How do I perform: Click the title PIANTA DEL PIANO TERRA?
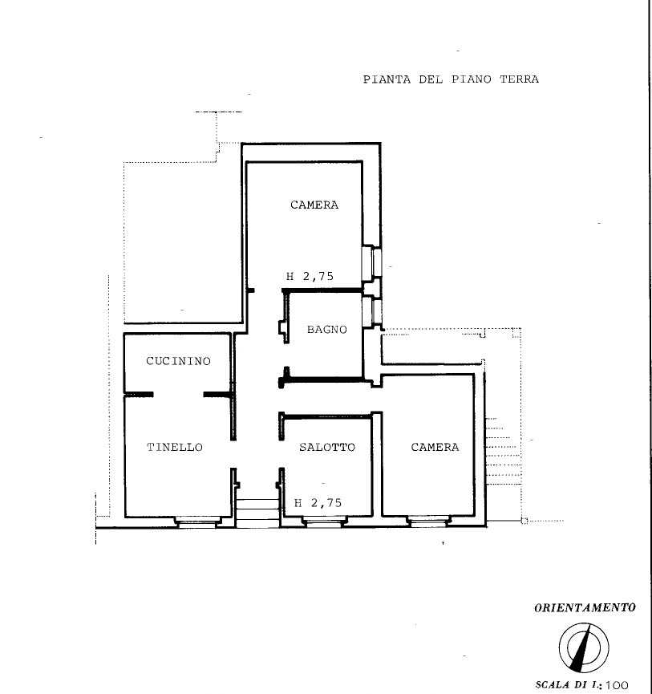[451, 79]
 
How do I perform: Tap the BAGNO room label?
[327, 330]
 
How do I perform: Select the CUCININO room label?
[178, 361]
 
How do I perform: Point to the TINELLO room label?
[175, 448]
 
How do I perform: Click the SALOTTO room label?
[327, 448]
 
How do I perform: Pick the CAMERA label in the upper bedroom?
[314, 205]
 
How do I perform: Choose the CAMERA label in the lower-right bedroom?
[435, 448]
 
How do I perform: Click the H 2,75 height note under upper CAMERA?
[310, 277]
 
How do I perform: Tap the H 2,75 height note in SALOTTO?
[318, 503]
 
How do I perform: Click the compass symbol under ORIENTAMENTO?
[584, 647]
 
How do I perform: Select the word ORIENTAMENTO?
[585, 608]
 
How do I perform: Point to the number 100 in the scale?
[617, 685]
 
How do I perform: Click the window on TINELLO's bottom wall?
[196, 522]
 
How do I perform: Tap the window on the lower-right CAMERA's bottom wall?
[428, 522]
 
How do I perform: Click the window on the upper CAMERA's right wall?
[371, 262]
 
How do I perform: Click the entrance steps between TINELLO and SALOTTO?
[257, 513]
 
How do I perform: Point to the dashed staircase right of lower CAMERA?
[503, 452]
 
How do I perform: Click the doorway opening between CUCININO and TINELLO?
[178, 395]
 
